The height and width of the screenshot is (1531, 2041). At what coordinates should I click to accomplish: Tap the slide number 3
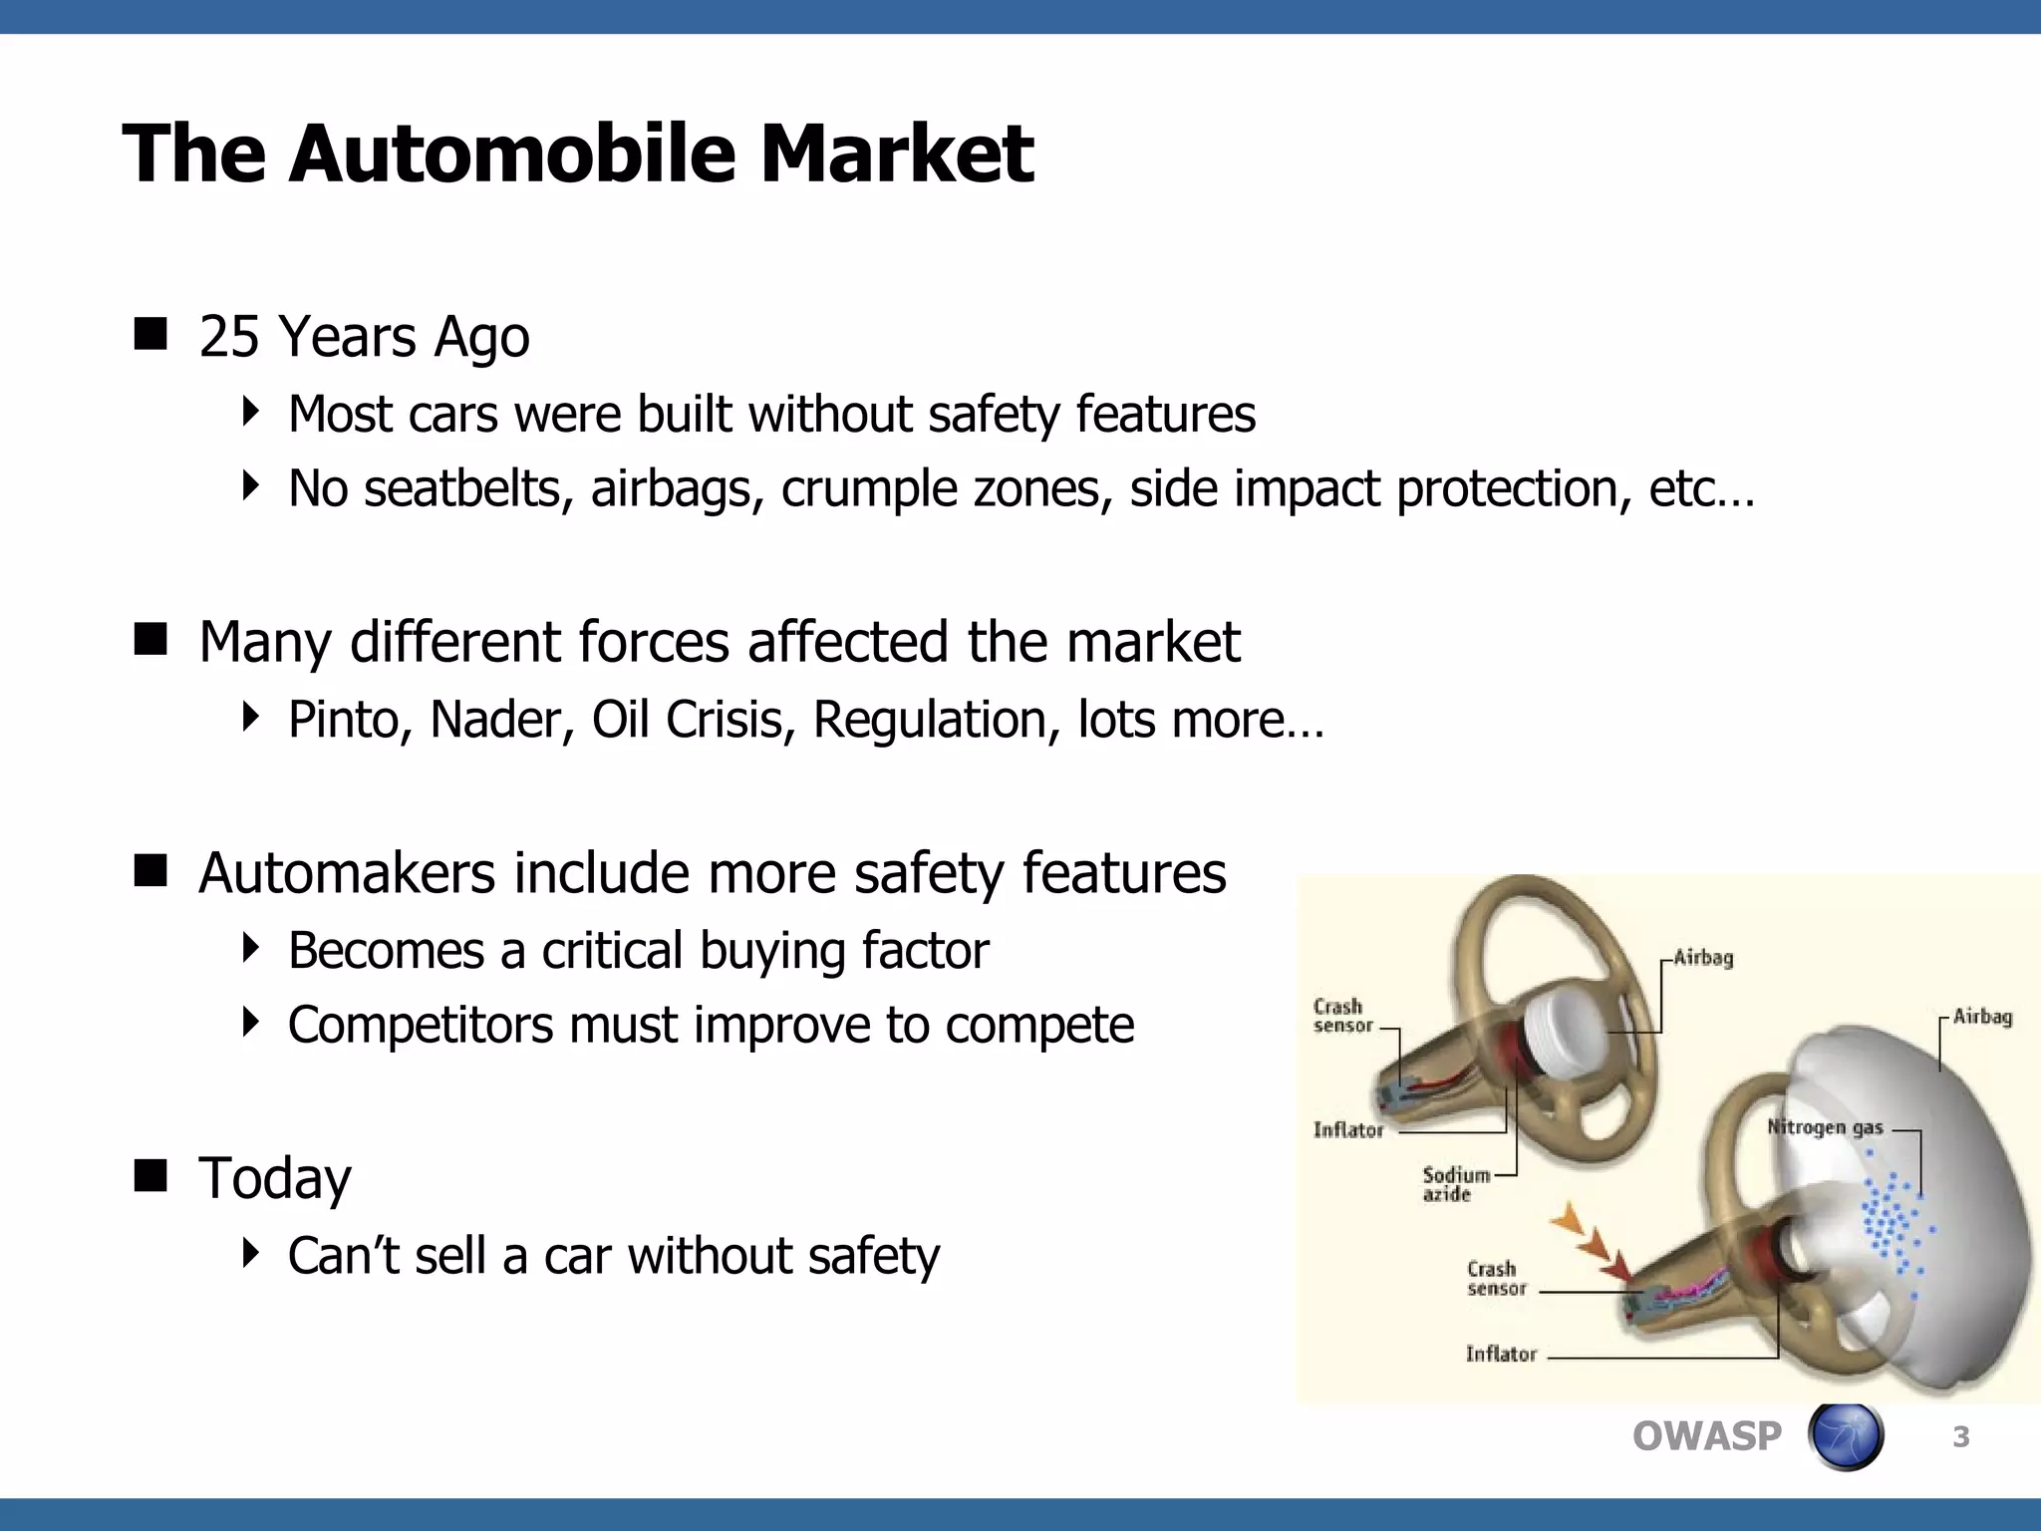[1960, 1436]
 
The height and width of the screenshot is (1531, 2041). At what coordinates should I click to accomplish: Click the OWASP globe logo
[1845, 1436]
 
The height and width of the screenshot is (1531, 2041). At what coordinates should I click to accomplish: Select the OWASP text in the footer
[1706, 1436]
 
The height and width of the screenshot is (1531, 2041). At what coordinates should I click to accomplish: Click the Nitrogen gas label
[1824, 1127]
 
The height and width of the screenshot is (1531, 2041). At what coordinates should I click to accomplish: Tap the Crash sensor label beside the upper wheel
[1341, 1016]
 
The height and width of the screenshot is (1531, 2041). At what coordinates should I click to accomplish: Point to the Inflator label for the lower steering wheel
[1500, 1354]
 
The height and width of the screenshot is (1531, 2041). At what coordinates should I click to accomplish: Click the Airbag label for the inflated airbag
[1981, 1017]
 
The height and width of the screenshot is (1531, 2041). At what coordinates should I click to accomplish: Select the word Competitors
[419, 1026]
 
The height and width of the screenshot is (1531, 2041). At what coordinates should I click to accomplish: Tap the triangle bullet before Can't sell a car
[250, 1253]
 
